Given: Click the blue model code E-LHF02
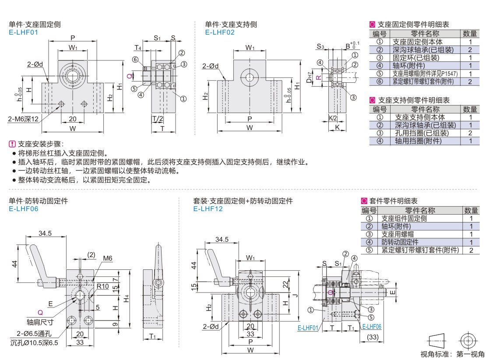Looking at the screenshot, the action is pos(220,32).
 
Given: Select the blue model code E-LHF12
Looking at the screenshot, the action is pos(208,208).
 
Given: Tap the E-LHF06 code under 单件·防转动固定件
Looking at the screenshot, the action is pos(24,208).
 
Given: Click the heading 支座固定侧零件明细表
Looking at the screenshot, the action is pos(413,25).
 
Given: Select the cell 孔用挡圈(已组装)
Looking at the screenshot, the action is pos(422,133).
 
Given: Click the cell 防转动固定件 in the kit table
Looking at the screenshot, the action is pos(400,242).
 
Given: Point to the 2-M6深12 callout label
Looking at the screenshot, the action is pos(23,119).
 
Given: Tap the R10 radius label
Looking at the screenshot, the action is pos(102,286).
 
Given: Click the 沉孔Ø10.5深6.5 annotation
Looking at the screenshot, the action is pos(34,342).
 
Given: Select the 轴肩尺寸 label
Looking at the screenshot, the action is pos(40,322).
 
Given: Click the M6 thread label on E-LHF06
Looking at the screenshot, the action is pos(108,258).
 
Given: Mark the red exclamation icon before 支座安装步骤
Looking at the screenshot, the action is pos(12,144).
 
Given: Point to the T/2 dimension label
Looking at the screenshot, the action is pos(158,119).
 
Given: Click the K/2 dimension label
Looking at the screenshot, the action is pos(333,118).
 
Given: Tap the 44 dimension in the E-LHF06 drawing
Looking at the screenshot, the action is pos(14,264).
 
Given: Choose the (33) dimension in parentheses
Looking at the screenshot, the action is pos(373,337).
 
